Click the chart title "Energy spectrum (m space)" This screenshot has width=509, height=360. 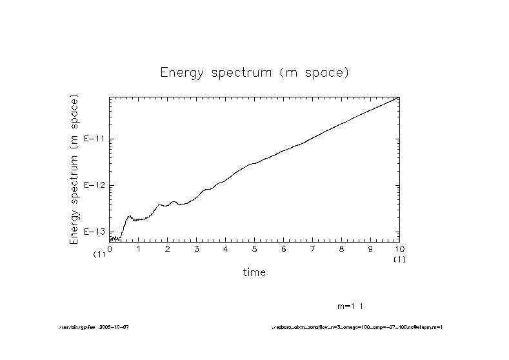[254, 72]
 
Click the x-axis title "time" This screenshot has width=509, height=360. [254, 272]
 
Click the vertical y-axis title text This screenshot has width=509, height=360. [74, 170]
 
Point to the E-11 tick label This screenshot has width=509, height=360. [95, 139]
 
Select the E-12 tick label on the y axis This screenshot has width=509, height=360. [95, 185]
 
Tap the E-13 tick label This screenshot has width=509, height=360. [95, 232]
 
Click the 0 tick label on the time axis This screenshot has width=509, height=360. [110, 248]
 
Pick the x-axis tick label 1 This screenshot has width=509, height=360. [139, 248]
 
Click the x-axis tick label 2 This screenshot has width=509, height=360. [168, 248]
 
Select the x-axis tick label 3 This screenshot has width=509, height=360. [197, 248]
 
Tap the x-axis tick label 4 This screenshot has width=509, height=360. [226, 248]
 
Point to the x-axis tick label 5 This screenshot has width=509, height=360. [255, 248]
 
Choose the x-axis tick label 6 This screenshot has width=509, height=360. [284, 248]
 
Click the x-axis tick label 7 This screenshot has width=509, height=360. [313, 248]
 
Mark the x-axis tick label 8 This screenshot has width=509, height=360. [341, 248]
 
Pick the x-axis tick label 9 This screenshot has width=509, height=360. [370, 248]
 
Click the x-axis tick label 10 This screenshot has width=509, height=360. [399, 248]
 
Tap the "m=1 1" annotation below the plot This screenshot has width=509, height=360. [354, 305]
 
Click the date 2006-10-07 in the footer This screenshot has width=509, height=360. [115, 327]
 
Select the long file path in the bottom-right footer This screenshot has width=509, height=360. [357, 327]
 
